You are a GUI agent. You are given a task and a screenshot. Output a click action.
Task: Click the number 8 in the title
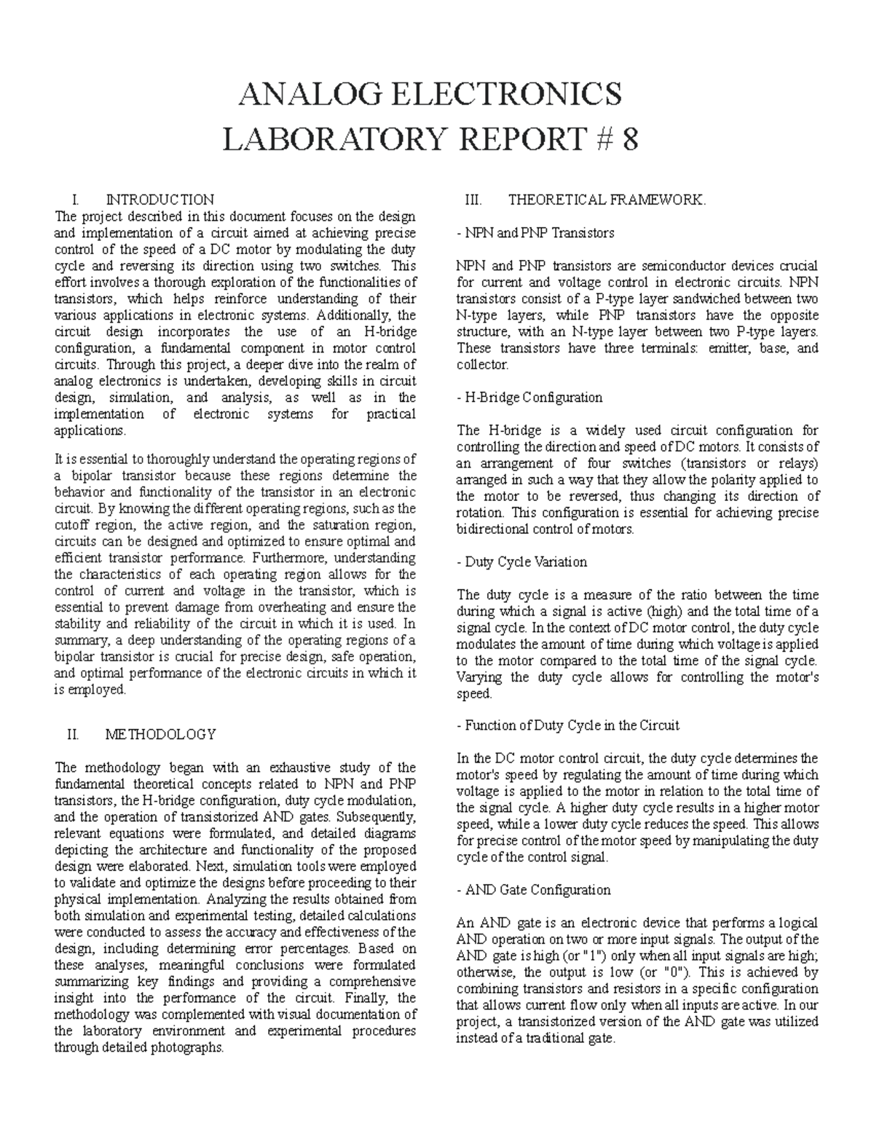click(x=629, y=139)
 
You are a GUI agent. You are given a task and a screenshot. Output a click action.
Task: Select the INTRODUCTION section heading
click(x=160, y=200)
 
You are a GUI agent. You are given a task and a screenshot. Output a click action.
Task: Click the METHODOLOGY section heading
click(x=161, y=734)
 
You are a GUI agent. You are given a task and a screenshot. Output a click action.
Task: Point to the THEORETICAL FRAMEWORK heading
click(x=606, y=200)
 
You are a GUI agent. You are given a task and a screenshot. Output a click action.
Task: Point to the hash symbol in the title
click(x=599, y=139)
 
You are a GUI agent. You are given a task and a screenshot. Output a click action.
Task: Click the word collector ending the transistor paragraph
click(x=484, y=365)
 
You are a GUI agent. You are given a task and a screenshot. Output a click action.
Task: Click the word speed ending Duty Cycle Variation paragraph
click(x=473, y=694)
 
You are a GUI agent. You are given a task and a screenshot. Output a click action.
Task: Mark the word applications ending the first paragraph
click(x=90, y=430)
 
